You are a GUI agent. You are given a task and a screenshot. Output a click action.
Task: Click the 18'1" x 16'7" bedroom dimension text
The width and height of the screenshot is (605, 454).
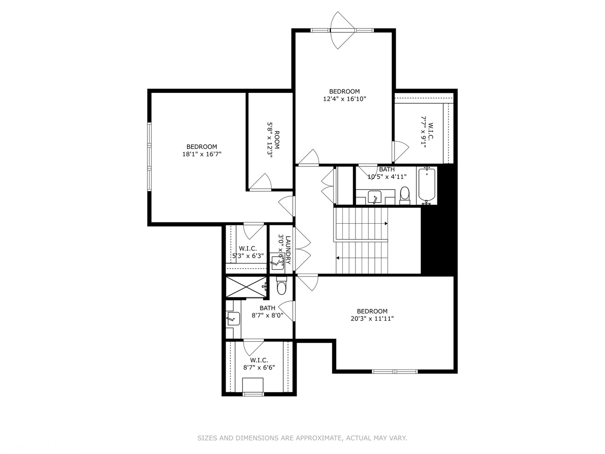[201, 154]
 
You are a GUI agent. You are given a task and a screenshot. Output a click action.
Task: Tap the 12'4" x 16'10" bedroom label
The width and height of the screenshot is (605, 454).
[344, 99]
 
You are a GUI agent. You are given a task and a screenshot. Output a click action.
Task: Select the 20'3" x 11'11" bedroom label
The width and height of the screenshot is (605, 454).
[372, 319]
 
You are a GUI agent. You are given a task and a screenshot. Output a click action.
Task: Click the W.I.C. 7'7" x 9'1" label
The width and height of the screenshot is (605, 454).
[426, 133]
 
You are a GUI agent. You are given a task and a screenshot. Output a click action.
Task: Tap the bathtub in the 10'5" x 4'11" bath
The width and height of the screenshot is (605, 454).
[427, 185]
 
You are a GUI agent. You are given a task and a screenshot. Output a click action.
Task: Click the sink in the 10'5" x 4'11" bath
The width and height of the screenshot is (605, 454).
[374, 197]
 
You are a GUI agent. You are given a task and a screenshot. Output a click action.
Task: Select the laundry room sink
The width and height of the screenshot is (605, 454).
[276, 261]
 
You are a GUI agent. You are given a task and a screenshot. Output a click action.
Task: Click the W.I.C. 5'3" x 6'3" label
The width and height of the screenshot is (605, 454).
[247, 252]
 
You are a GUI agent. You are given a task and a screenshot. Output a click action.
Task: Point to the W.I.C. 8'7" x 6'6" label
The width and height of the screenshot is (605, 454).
[259, 364]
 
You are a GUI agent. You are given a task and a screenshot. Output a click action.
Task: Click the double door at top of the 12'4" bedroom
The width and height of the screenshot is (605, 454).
[341, 30]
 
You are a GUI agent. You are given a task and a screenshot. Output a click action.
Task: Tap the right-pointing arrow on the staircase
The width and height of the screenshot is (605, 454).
[386, 224]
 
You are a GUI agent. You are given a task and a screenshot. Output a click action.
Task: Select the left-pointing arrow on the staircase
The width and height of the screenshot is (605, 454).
[337, 258]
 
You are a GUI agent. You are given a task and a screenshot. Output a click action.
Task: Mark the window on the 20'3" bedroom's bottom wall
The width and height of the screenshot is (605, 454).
[395, 371]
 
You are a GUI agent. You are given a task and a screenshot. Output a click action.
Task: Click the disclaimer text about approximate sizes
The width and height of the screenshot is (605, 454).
[302, 438]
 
